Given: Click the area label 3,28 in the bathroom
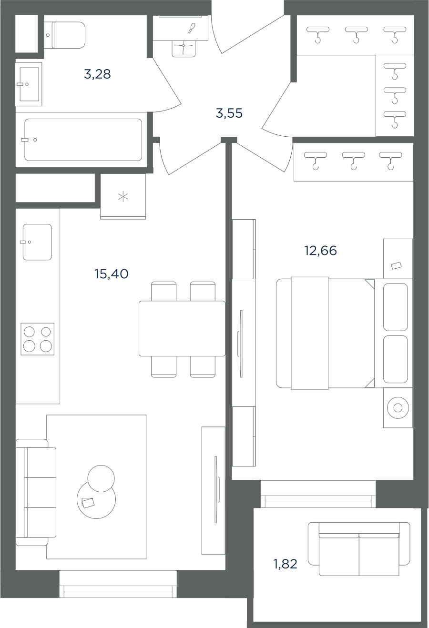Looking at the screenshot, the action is coord(97,74).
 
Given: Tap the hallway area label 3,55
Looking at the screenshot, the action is coord(229,113).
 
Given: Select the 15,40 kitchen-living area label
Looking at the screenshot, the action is coord(112,274).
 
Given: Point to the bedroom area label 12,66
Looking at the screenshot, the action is coord(320,250).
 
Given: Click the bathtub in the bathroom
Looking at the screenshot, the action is coord(83,140).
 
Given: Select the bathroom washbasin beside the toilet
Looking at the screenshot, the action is coord(29,84).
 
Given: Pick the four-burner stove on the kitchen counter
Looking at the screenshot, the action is coord(38,339).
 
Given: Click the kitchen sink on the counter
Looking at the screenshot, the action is coord(37,242).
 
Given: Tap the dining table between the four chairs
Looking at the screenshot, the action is coord(182,329).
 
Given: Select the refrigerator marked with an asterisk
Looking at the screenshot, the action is coord(123,196).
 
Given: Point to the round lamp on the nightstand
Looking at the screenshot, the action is coord(398,408).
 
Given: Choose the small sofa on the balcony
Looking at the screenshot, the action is coord(359,549).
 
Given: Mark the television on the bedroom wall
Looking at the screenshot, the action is coord(240,344).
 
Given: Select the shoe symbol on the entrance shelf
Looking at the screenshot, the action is coord(193,28).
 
